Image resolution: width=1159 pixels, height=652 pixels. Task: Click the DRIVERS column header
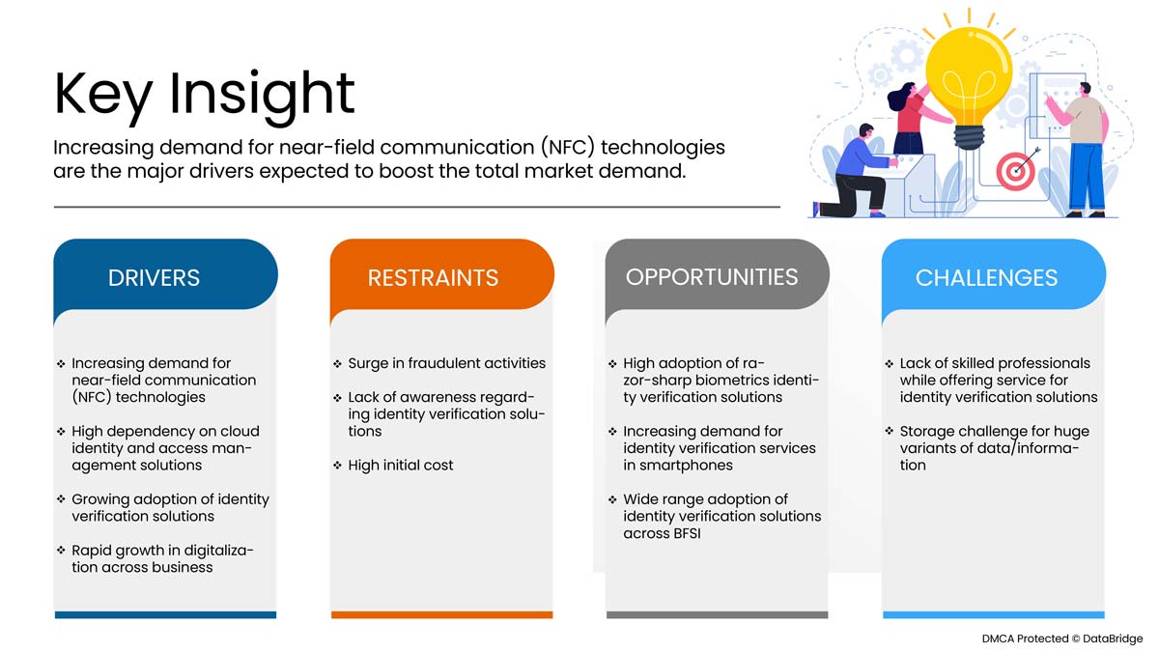point(154,278)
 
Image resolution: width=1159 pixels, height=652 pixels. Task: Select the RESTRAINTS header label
point(433,278)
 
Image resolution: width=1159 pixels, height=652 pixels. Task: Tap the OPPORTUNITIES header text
point(712,277)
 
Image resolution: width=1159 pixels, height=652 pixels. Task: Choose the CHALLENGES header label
point(986,278)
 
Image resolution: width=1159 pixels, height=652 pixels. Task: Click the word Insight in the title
point(262,96)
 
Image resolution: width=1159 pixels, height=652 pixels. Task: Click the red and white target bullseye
point(1015,171)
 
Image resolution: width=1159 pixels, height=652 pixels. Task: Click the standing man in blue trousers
point(1082,150)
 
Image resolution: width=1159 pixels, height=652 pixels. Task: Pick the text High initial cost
point(401,466)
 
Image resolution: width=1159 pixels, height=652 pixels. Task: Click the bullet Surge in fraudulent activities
point(446,363)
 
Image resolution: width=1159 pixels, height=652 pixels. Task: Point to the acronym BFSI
point(683,533)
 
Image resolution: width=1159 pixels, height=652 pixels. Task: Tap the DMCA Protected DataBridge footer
point(1062,638)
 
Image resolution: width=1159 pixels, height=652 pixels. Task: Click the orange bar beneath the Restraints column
point(442,614)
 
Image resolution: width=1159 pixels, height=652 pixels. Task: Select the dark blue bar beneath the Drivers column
point(165,614)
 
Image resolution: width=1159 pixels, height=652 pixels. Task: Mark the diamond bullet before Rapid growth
point(61,550)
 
